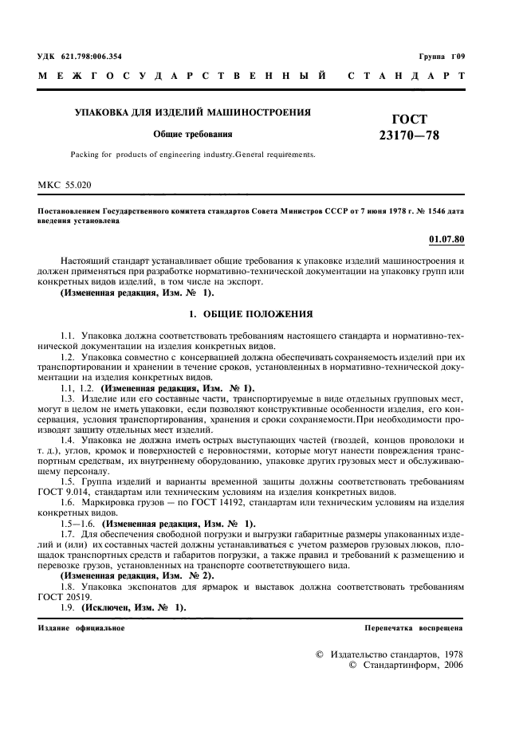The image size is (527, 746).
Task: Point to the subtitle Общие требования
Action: pos(192,134)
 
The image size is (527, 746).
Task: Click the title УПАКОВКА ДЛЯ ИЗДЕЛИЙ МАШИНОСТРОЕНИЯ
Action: pos(192,112)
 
